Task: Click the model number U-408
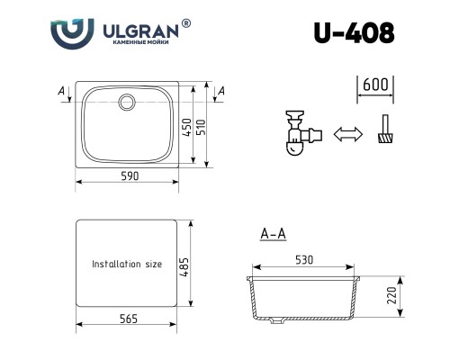click(354, 32)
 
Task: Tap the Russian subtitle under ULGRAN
click(140, 42)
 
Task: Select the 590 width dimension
click(130, 175)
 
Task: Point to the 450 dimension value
click(187, 128)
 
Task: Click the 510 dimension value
click(202, 127)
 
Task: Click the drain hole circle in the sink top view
click(127, 102)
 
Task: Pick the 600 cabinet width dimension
click(375, 85)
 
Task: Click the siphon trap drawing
click(303, 133)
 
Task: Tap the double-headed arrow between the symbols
click(348, 134)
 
